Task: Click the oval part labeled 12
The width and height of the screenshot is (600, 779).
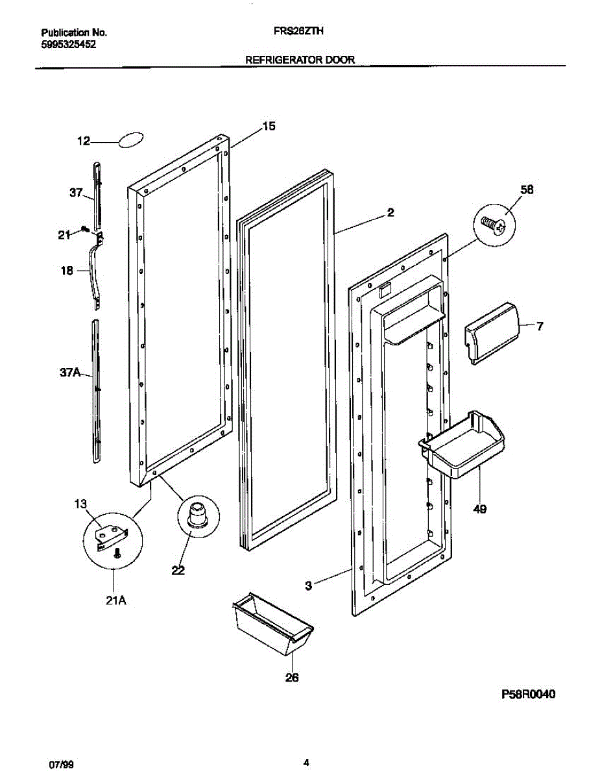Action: tap(131, 140)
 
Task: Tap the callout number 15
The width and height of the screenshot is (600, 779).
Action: tap(268, 127)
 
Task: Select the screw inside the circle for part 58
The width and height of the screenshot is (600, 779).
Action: tap(494, 225)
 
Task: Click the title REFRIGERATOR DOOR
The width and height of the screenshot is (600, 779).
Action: tap(300, 59)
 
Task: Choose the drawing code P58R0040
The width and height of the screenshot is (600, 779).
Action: tap(529, 694)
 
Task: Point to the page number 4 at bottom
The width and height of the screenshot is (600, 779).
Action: tap(306, 762)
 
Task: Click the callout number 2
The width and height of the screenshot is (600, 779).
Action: tap(390, 212)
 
